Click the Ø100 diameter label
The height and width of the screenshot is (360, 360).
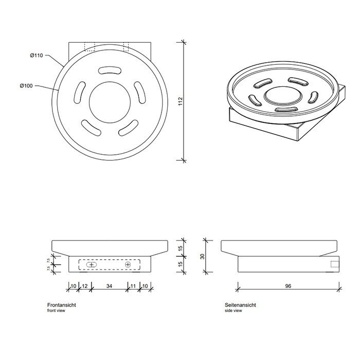click(x=26, y=86)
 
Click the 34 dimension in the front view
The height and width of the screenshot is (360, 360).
click(x=110, y=286)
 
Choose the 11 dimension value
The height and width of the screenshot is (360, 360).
click(x=133, y=286)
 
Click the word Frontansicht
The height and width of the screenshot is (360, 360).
click(x=62, y=305)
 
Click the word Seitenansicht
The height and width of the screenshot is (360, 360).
click(x=240, y=305)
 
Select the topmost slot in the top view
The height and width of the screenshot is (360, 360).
click(x=107, y=70)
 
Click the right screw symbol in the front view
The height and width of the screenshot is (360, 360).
click(x=129, y=264)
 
